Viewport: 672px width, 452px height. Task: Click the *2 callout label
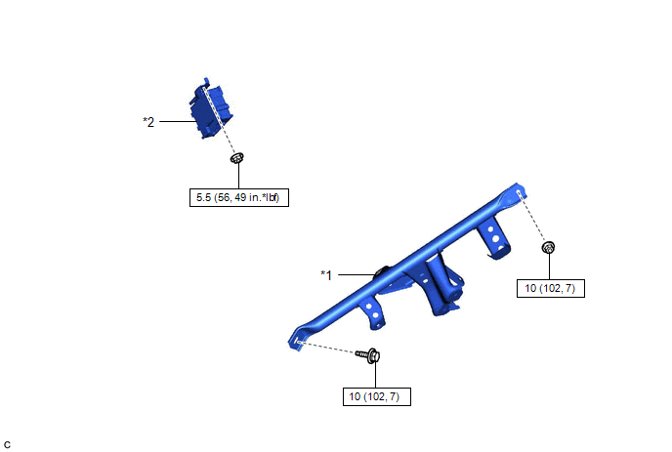148,122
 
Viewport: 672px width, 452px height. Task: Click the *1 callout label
326,275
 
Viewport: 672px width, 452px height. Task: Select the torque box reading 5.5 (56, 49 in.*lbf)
239,197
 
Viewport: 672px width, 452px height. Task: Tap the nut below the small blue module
237,158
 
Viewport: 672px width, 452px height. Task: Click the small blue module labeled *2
211,109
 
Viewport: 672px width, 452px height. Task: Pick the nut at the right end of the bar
548,247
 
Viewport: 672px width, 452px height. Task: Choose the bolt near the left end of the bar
368,355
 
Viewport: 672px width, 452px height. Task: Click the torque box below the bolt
377,396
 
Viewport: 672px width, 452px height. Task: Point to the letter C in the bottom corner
7,445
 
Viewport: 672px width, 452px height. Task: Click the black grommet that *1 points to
381,272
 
